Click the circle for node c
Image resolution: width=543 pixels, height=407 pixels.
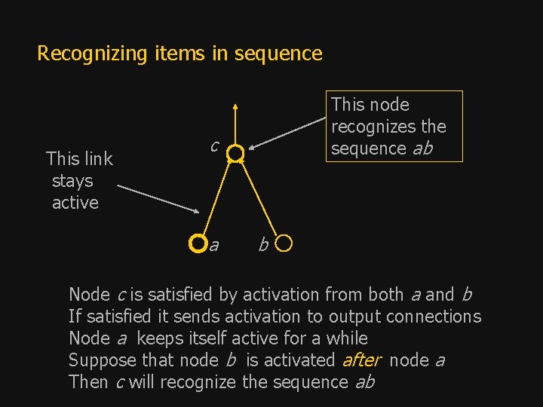[235, 154]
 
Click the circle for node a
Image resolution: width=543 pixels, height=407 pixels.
[197, 243]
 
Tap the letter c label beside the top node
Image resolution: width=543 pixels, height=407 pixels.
[214, 145]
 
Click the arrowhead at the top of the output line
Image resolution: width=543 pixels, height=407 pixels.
[235, 107]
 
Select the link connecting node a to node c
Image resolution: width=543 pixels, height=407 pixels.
[216, 197]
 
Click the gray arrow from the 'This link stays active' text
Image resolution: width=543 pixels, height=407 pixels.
[158, 199]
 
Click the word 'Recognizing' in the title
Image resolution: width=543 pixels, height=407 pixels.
[84, 54]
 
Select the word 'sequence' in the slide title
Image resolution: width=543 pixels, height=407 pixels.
[278, 54]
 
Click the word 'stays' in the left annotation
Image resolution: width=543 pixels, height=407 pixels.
[72, 181]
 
